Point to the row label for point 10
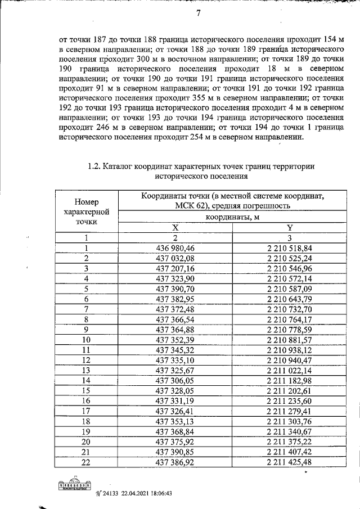(x=87, y=340)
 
